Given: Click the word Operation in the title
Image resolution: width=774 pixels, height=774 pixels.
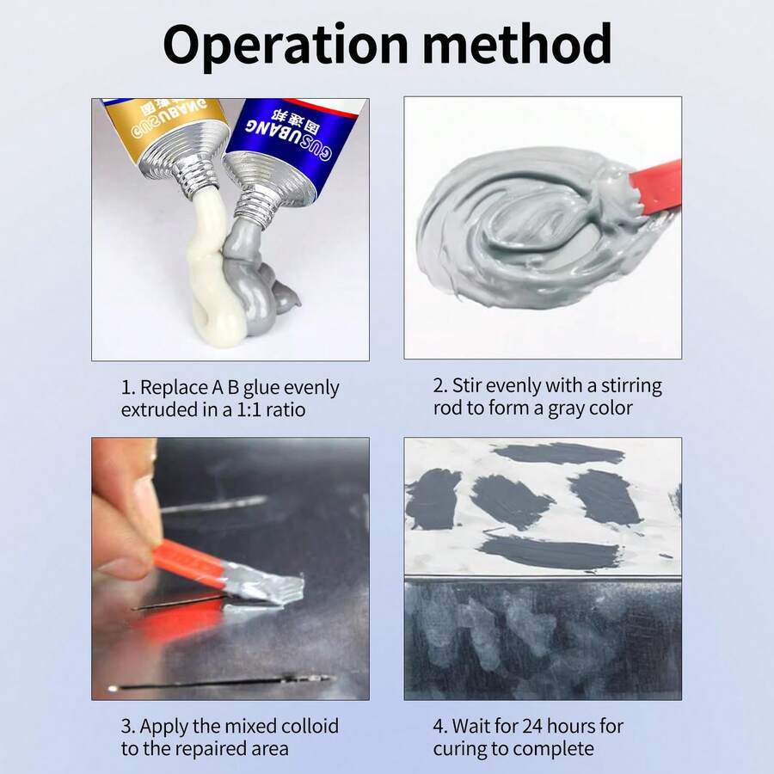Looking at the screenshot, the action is [x=286, y=46].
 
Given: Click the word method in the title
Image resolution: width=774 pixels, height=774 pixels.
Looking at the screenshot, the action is [x=517, y=44].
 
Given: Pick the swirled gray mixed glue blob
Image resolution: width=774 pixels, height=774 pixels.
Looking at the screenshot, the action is [x=533, y=227].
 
